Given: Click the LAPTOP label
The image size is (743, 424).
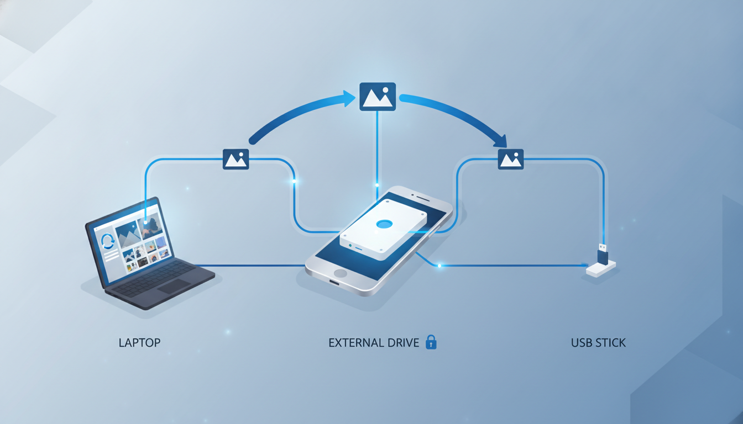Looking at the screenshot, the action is [139, 342].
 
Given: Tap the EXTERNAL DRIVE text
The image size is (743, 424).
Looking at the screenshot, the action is [374, 342].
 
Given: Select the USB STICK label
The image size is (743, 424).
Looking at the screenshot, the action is [598, 342].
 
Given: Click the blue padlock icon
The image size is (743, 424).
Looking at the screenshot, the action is [431, 342].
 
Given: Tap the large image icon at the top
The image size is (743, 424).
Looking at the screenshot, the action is [378, 97].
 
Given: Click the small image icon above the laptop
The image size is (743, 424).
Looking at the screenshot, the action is [236, 159].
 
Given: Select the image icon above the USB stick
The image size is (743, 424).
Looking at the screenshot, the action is [511, 159].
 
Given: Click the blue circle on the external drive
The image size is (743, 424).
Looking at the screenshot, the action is [384, 224].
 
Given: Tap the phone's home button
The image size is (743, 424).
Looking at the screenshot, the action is [340, 273].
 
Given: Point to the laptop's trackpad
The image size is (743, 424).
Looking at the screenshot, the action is [174, 286].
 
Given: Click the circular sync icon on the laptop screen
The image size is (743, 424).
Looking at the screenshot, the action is [107, 241].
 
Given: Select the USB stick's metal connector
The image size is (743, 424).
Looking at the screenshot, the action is [603, 247].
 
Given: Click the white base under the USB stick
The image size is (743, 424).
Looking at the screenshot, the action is [601, 269].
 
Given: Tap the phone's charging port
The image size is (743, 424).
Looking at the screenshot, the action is [334, 282].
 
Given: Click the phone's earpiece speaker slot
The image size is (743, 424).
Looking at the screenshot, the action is [423, 198].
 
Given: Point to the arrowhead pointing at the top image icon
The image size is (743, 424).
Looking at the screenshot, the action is [349, 98].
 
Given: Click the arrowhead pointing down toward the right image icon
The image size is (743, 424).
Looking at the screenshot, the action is [501, 141].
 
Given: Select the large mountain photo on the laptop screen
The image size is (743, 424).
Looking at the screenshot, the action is [128, 235].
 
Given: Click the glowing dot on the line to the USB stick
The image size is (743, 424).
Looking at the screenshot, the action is [439, 266].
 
